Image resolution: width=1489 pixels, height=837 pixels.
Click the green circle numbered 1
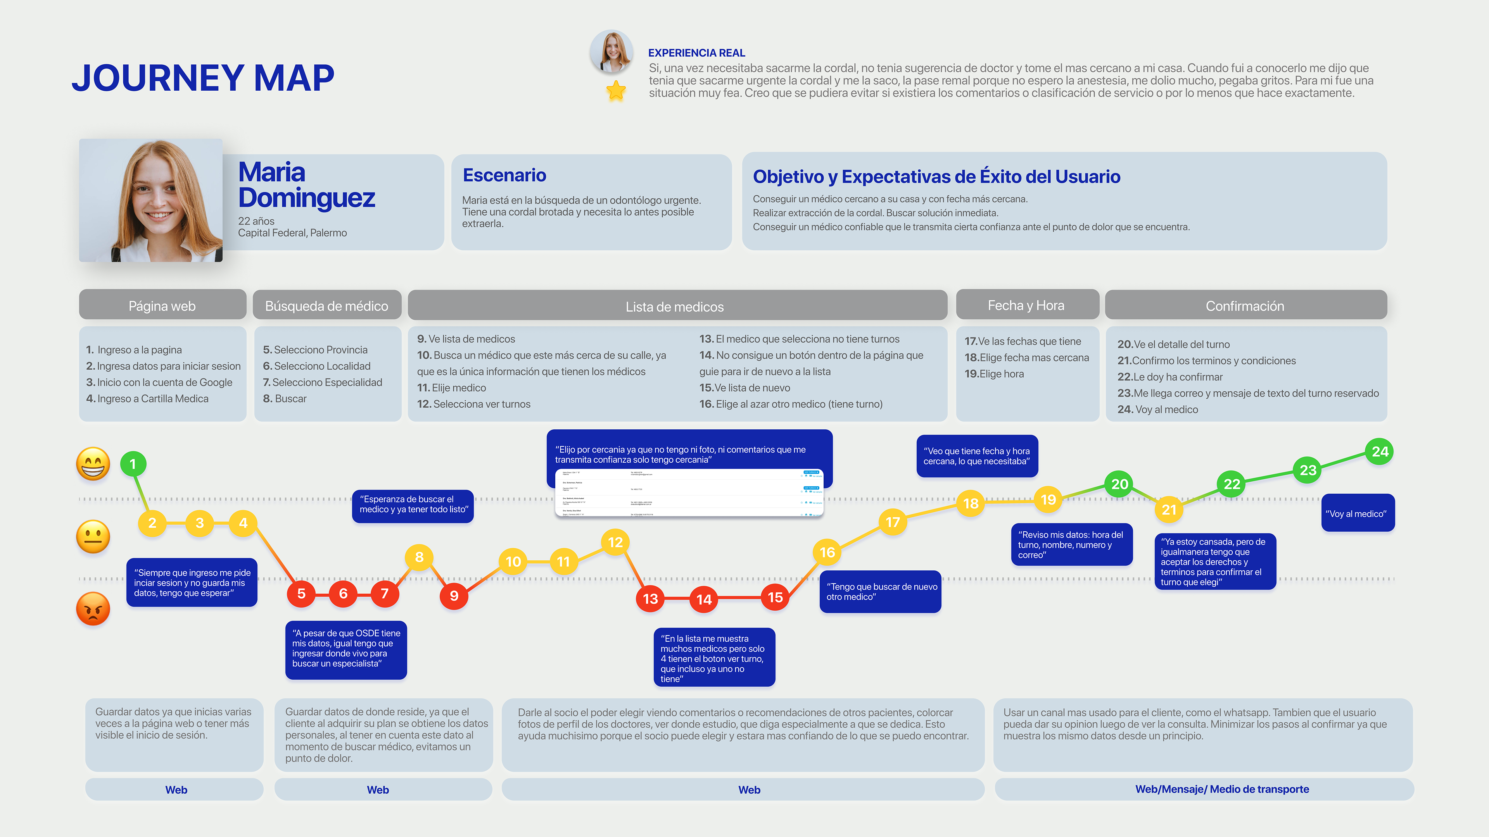click(x=133, y=464)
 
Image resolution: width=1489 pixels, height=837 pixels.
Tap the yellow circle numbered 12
click(x=615, y=542)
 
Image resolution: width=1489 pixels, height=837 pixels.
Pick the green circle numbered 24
click(x=1380, y=452)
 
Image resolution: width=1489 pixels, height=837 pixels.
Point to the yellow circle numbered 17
click(x=893, y=522)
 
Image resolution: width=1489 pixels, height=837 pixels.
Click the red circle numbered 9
click(x=454, y=596)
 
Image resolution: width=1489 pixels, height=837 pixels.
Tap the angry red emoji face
click(x=93, y=608)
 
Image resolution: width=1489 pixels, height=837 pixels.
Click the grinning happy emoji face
click(x=93, y=463)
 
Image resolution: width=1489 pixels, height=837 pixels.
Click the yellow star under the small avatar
click(x=616, y=91)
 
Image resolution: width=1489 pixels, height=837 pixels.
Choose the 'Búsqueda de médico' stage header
click(x=326, y=306)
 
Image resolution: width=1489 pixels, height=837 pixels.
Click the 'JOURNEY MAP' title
click(x=203, y=78)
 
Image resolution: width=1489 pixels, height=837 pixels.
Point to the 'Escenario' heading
click(x=504, y=175)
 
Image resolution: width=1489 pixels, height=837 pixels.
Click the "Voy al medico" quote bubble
click(x=1357, y=513)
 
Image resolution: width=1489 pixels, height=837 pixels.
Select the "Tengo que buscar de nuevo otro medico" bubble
click(x=880, y=591)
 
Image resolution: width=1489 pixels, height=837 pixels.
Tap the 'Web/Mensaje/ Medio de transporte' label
click(x=1222, y=789)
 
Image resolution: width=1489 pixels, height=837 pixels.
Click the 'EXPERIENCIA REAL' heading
click(x=696, y=53)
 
